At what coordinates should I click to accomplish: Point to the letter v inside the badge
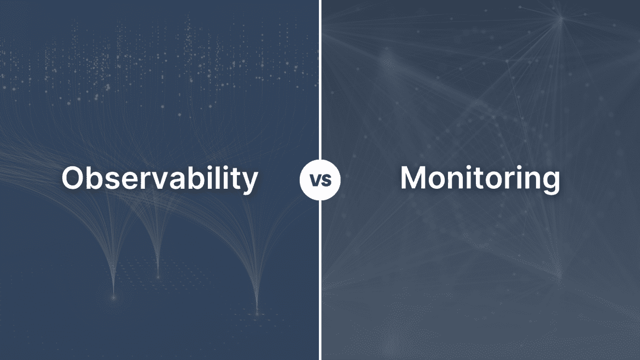point(315,181)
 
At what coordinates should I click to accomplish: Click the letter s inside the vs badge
point(325,181)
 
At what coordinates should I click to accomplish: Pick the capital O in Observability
point(73,178)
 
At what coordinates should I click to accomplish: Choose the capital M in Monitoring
point(415,178)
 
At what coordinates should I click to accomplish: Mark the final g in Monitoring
point(550,182)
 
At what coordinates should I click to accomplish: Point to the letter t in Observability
point(238,178)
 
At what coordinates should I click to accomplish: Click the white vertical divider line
point(321,82)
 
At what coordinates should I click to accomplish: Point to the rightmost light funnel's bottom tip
point(257,312)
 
